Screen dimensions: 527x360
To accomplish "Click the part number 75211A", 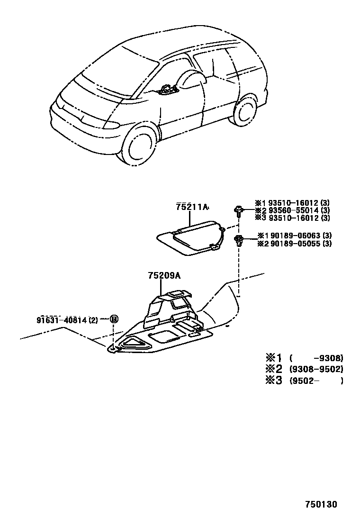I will pyautogui.click(x=192, y=207).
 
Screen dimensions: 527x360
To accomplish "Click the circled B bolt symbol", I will pyautogui.click(x=114, y=319).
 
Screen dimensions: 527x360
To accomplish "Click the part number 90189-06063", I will pyautogui.click(x=297, y=236).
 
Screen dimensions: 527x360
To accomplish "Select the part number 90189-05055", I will pyautogui.click(x=297, y=244).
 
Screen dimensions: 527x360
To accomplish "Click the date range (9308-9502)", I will pyautogui.click(x=315, y=369).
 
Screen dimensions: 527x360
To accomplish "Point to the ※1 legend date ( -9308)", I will pyautogui.click(x=315, y=358).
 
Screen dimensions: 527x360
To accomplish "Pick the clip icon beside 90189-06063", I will pyautogui.click(x=238, y=240).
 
